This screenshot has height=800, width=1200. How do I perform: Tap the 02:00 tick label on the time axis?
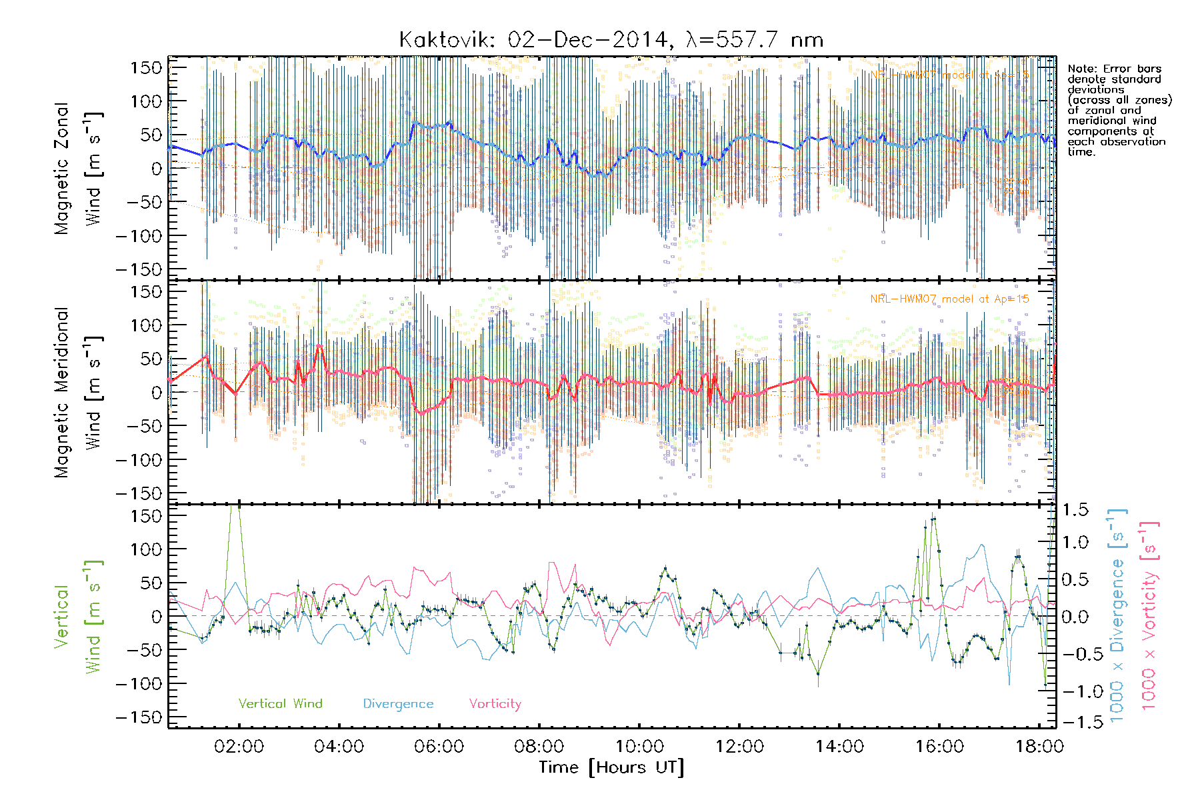pyautogui.click(x=239, y=746)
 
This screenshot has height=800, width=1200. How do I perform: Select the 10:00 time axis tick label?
pyautogui.click(x=639, y=746)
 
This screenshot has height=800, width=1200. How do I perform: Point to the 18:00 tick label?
pyautogui.click(x=1039, y=746)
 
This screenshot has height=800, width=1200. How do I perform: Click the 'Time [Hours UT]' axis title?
pyautogui.click(x=611, y=767)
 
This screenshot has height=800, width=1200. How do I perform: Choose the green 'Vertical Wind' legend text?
pyautogui.click(x=280, y=704)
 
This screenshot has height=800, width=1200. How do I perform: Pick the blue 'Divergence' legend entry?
pyautogui.click(x=398, y=704)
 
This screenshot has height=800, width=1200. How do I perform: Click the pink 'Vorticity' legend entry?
pyautogui.click(x=495, y=704)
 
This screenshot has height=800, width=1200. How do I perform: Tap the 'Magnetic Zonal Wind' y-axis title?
pyautogui.click(x=78, y=168)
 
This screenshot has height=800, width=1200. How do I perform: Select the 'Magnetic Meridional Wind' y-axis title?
pyautogui.click(x=78, y=392)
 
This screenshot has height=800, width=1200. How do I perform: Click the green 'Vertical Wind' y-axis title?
pyautogui.click(x=78, y=617)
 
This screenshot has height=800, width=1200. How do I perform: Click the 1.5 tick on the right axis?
pyautogui.click(x=1075, y=510)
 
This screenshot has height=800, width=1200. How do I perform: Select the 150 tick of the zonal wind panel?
pyautogui.click(x=147, y=67)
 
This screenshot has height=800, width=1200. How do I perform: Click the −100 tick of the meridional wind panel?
pyautogui.click(x=139, y=460)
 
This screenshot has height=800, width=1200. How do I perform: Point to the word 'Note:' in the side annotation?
pyautogui.click(x=1081, y=69)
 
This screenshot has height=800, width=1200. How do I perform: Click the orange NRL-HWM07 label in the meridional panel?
pyautogui.click(x=949, y=299)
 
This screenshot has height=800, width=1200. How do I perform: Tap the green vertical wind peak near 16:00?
pyautogui.click(x=933, y=518)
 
